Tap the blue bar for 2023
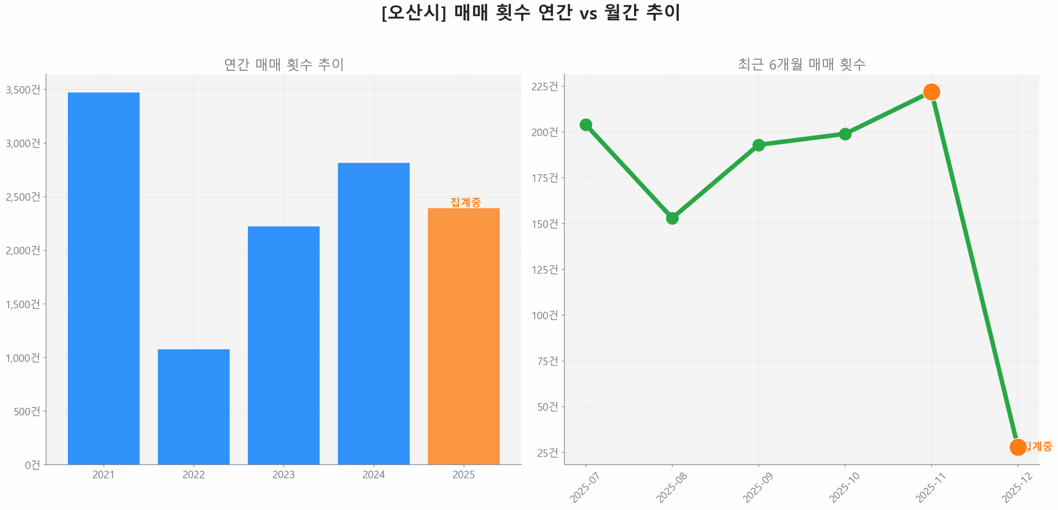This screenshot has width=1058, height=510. coord(284,345)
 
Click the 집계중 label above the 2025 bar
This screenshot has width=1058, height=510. coord(465,202)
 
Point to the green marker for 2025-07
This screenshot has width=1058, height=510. coord(586,124)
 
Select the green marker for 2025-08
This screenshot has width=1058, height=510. coord(672,218)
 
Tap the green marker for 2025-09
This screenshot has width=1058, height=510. coord(758,145)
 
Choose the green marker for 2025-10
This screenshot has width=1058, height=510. coord(845,134)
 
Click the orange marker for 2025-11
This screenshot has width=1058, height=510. coord(931,92)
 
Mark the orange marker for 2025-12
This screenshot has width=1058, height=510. coord(1017,447)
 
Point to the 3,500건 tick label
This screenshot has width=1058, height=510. coord(23,90)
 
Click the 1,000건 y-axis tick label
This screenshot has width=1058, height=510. coord(23,357)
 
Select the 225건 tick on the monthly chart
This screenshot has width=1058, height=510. coord(544,86)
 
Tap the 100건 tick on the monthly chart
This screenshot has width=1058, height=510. coord(544,315)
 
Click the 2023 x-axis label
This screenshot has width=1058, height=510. coord(284,474)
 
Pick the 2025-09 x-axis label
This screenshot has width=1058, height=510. coord(758,488)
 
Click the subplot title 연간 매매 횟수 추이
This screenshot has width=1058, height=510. coord(284,64)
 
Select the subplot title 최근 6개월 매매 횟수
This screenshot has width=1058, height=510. coord(801,64)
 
